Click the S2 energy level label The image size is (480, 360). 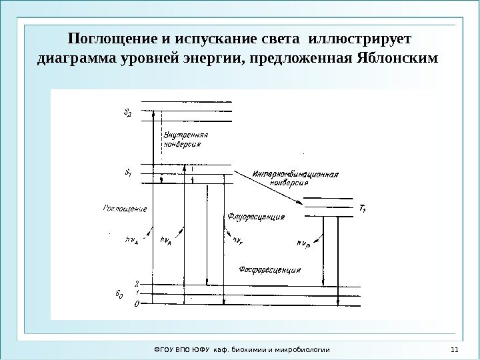point(128,113)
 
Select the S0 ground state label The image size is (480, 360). point(128,293)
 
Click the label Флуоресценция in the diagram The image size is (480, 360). point(256,217)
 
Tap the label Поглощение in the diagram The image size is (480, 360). point(125,209)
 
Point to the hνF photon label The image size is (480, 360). point(237,239)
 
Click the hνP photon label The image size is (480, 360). point(302,244)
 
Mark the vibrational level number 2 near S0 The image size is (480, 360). point(136,283)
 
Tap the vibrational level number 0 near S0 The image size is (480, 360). point(136,304)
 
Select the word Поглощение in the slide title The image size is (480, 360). point(107,35)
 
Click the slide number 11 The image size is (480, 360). point(453,349)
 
